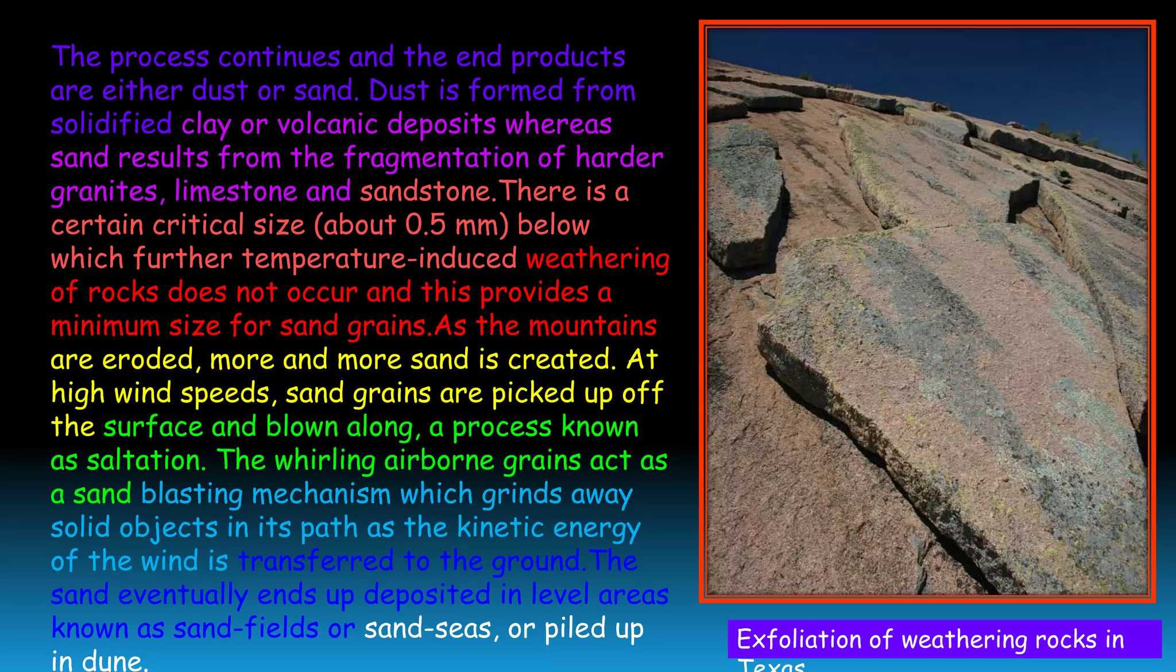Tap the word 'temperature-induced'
(x=380, y=258)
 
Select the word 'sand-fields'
(x=246, y=628)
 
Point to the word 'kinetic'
(x=500, y=527)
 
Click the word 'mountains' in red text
(x=592, y=326)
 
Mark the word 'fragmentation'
(x=437, y=158)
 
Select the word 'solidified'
(x=111, y=125)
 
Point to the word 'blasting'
(x=191, y=494)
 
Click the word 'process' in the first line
(x=159, y=57)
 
